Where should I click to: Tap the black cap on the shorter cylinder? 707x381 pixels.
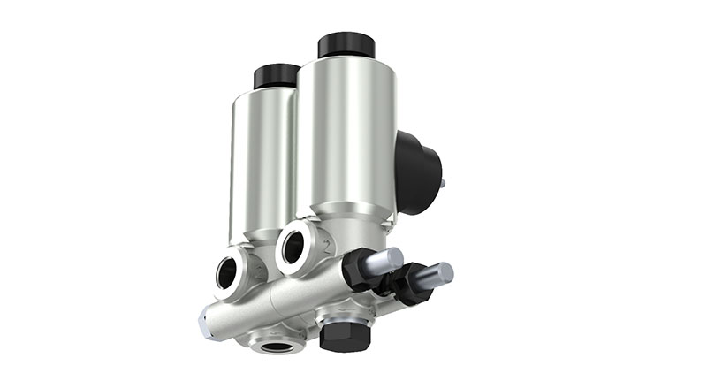(x=276, y=76)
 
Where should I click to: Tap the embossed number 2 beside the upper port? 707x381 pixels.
(x=328, y=246)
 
